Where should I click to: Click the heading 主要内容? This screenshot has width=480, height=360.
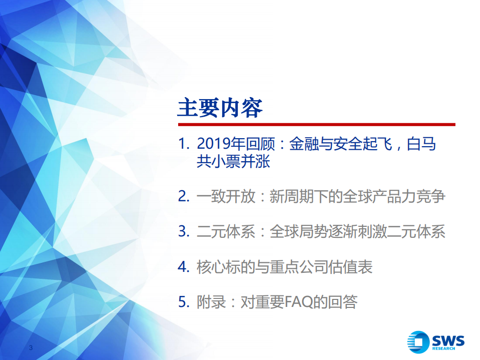click(220, 108)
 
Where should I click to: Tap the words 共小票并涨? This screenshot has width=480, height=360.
click(234, 162)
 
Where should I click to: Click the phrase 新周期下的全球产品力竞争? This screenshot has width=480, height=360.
click(357, 197)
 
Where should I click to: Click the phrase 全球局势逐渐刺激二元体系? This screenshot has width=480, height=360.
click(357, 232)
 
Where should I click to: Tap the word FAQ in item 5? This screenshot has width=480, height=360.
click(299, 302)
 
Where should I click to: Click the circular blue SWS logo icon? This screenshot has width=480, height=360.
click(417, 342)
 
